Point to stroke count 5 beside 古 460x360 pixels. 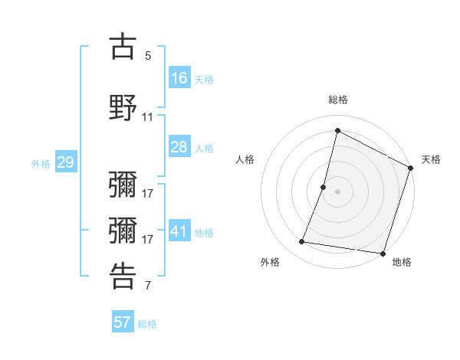pyautogui.click(x=148, y=56)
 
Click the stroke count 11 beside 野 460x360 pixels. pyautogui.click(x=148, y=117)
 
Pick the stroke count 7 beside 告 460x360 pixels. pyautogui.click(x=148, y=286)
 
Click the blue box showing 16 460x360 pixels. pyautogui.click(x=179, y=78)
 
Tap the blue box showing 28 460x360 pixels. pyautogui.click(x=179, y=147)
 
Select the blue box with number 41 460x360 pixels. pyautogui.click(x=179, y=231)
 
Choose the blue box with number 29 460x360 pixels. pyautogui.click(x=65, y=162)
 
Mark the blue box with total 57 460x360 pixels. pyautogui.click(x=123, y=322)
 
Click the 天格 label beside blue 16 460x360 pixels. pyautogui.click(x=203, y=79)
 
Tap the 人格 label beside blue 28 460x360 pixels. pyautogui.click(x=203, y=148)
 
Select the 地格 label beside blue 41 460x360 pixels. pyautogui.click(x=203, y=232)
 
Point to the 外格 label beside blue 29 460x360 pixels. pyautogui.click(x=40, y=163)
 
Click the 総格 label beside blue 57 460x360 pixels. pyautogui.click(x=147, y=323)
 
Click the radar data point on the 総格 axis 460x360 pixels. pyautogui.click(x=337, y=130)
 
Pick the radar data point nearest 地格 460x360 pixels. pyautogui.click(x=382, y=253)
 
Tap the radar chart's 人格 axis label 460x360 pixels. pyautogui.click(x=245, y=159)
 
